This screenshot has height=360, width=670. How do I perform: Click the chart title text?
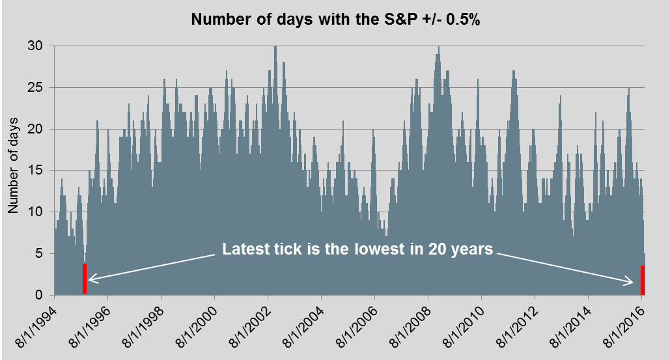click(335, 20)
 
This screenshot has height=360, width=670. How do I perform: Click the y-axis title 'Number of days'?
click(13, 165)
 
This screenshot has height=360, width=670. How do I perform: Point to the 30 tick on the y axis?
click(35, 46)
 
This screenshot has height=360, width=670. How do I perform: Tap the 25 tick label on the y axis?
click(35, 87)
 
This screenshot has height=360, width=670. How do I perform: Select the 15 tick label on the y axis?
click(35, 171)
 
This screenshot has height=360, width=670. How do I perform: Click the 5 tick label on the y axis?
click(39, 254)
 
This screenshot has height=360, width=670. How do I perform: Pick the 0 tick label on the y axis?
click(39, 295)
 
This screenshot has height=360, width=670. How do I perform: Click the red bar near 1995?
click(85, 279)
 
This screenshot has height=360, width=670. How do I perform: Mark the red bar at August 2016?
click(643, 280)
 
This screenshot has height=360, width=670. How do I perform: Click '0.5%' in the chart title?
click(463, 20)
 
